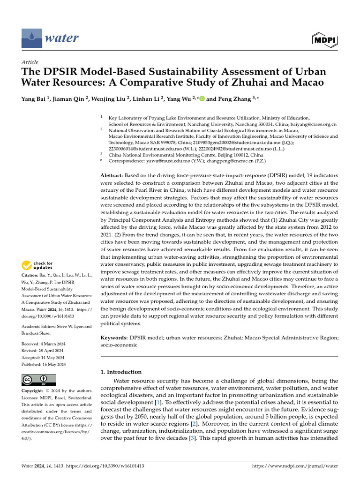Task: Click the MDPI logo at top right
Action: [324, 40]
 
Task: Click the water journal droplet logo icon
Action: [31, 37]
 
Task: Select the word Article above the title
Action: [30, 62]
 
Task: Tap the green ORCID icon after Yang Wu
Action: [202, 99]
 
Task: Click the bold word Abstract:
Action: [113, 174]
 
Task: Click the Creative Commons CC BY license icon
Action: [38, 380]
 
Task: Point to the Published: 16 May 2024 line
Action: [44, 364]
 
